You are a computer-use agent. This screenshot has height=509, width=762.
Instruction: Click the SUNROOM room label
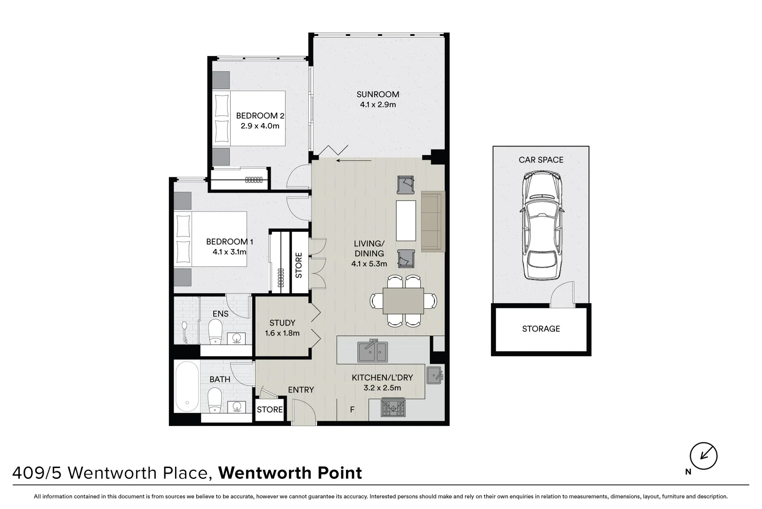coord(377,94)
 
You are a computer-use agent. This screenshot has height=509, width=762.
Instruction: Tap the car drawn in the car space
coord(542,226)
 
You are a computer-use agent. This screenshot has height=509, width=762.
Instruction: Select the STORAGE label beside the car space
coord(541,329)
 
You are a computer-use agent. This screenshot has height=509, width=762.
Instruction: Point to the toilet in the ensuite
coord(215,331)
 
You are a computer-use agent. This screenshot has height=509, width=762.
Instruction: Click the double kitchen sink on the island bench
coord(372,351)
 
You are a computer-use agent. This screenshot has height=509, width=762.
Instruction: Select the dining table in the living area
coord(403,301)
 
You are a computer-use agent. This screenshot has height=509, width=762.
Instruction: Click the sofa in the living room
coord(433,222)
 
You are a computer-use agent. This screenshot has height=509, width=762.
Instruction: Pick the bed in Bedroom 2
coord(249,118)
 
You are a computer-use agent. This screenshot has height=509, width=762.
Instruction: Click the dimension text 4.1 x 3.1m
coord(229,252)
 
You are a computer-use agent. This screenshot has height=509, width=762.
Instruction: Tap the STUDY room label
coord(282,323)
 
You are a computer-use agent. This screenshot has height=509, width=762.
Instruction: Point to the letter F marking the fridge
coord(352,410)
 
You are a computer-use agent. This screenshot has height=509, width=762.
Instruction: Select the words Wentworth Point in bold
coord(290,473)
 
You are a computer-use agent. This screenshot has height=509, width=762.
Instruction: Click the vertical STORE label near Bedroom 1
coord(298,265)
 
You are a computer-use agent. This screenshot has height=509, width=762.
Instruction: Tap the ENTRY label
coord(301,390)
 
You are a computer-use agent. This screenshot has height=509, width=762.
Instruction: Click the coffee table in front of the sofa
coord(406,221)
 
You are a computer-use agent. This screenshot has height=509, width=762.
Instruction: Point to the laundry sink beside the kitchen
coord(434,376)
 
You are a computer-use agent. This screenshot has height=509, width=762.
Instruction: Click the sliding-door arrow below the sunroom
coord(354,160)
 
